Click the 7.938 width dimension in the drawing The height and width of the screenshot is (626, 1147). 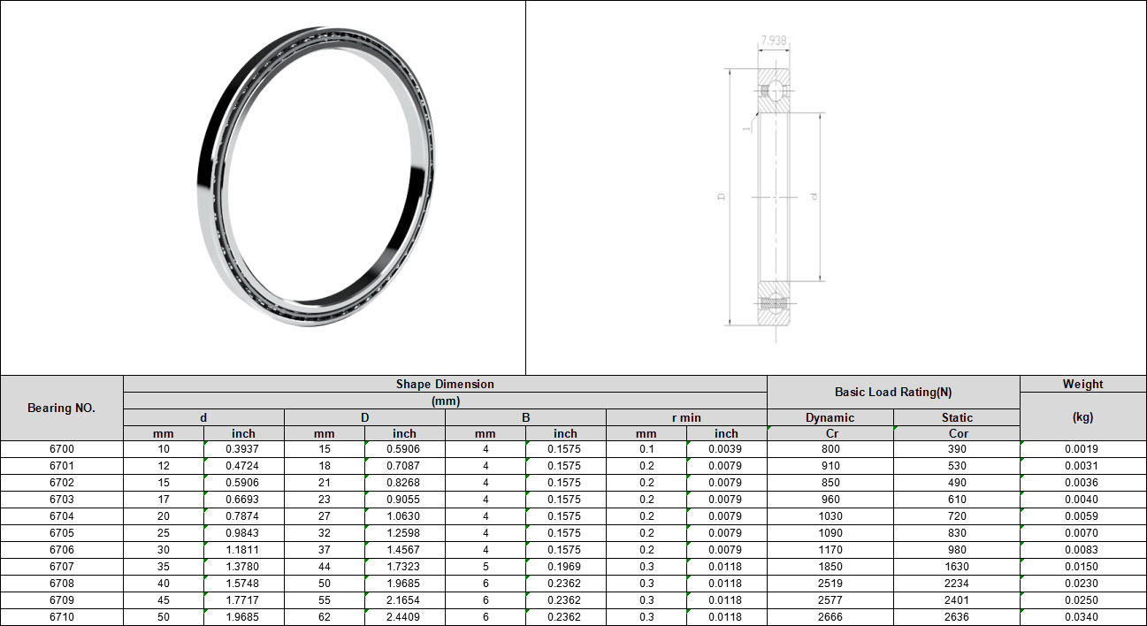point(773,40)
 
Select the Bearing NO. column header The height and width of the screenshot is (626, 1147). point(61,408)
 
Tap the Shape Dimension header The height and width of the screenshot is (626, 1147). point(445,384)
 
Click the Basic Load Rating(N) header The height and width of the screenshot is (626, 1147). point(893,392)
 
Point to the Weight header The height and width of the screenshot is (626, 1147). point(1082,384)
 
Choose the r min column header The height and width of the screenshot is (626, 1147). point(686,417)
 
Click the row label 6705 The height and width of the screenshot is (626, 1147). point(61,533)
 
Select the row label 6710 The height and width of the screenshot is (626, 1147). point(61,617)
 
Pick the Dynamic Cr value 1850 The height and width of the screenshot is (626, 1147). point(830,567)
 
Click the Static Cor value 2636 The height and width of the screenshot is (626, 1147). point(957,617)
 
